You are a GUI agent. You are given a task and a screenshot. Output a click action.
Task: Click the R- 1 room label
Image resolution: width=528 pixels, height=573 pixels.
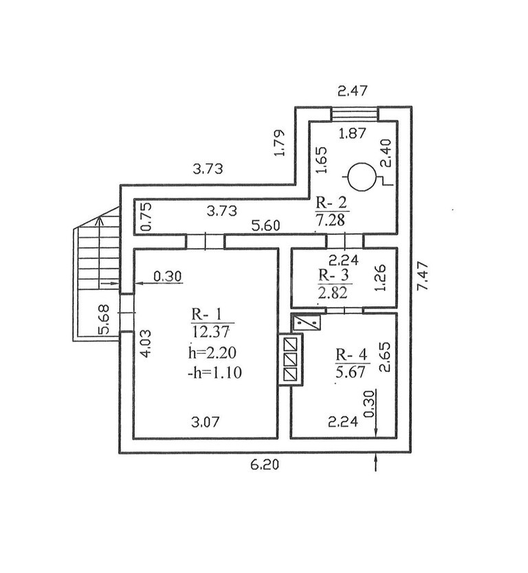coord(206,315)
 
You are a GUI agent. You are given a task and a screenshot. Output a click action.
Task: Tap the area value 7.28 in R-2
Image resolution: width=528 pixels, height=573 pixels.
coord(330,221)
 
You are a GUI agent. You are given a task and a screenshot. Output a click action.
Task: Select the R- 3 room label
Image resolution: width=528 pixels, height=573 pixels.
coord(333,275)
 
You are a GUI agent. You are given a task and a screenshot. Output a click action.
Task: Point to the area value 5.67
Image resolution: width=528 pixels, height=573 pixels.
coord(351,372)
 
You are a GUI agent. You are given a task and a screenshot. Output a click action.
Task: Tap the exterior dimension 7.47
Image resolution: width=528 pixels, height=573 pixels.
coord(422,276)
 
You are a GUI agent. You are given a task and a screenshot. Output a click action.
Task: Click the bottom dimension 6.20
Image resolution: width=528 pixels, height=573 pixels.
coord(265,464)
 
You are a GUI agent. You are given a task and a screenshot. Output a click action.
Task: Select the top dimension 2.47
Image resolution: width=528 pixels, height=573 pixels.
coord(352,90)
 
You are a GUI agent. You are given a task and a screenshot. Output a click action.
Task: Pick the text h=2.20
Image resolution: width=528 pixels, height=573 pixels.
coord(212,352)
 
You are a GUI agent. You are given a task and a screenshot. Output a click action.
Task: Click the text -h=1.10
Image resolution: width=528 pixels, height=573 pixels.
coord(214,373)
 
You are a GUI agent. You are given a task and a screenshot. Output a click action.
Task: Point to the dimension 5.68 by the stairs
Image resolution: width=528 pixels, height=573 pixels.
coord(104,319)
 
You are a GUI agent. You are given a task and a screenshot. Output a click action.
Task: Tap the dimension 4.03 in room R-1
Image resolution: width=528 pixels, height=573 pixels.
coord(146,344)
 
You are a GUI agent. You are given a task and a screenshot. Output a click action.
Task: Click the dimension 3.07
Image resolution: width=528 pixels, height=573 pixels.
coord(205,422)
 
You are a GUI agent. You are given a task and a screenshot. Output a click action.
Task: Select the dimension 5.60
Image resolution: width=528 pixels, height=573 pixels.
coord(266,225)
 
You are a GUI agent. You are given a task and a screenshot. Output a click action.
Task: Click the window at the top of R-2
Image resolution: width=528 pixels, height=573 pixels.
coord(354,113)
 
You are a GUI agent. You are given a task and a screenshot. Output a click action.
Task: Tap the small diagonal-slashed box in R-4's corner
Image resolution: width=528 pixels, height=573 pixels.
coord(307,322)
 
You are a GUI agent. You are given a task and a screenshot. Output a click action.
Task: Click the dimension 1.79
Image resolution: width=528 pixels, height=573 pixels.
coord(279,142)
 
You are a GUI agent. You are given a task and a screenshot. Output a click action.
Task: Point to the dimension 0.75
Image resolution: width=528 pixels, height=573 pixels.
coord(146,216)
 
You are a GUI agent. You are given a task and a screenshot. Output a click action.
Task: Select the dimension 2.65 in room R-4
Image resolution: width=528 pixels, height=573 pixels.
coord(385,357)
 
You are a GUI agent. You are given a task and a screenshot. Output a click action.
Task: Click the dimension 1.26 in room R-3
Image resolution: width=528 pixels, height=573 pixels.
coord(380,278)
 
